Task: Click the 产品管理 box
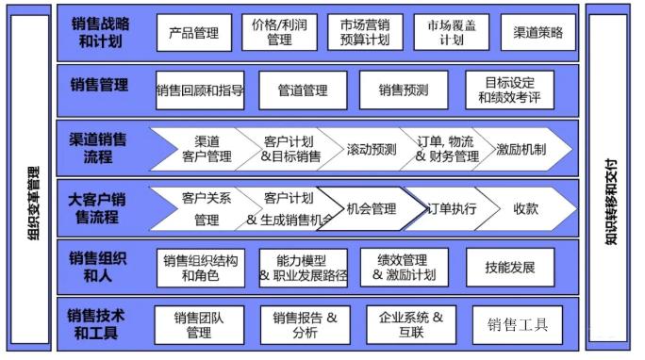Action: (193, 33)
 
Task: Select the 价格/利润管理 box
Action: (279, 33)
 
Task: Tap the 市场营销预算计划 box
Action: (365, 33)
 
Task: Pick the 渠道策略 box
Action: (538, 33)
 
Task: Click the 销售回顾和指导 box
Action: (200, 90)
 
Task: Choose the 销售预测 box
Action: (404, 90)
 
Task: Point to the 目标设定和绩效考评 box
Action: (510, 90)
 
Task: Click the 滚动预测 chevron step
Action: (372, 149)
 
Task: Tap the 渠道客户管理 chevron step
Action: (206, 149)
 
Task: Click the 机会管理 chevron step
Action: (371, 208)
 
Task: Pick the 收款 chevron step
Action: (525, 208)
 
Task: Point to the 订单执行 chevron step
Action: (452, 208)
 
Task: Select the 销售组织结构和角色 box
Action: (200, 268)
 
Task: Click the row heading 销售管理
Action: (99, 85)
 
